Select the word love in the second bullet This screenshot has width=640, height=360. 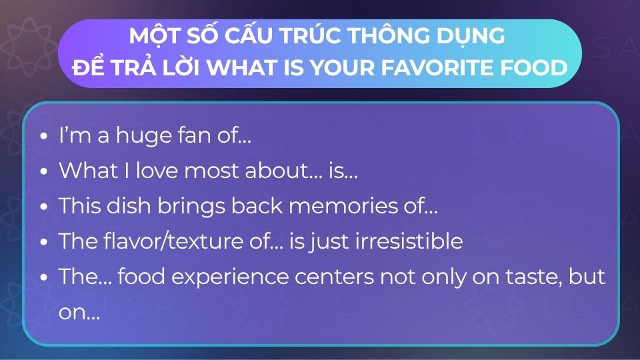point(157,171)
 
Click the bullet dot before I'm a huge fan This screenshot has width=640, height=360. point(44,136)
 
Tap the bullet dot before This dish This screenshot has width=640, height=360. point(44,207)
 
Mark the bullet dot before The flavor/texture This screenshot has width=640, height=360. point(44,241)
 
